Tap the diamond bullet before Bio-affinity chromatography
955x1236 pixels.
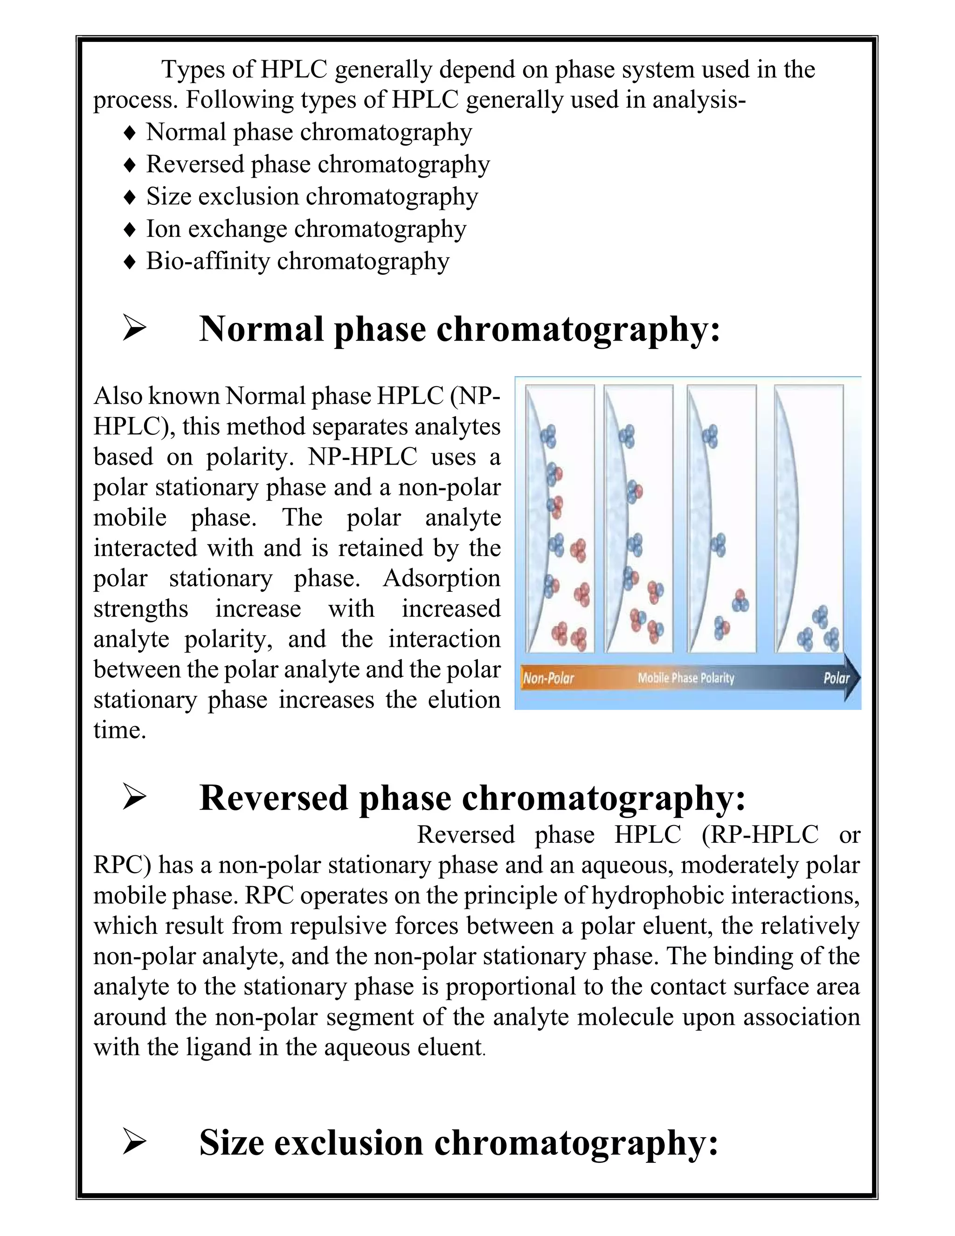[x=130, y=262]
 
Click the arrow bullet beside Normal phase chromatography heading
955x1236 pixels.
[x=134, y=329]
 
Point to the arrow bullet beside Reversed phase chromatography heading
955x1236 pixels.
[x=134, y=799]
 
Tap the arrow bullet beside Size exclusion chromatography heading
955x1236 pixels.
[x=134, y=1143]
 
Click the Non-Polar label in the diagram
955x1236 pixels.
[x=548, y=677]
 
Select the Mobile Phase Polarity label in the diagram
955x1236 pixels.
[x=685, y=677]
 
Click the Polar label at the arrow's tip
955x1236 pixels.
[x=836, y=677]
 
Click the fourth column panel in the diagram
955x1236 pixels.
[x=809, y=518]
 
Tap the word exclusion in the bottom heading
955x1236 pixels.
[x=348, y=1143]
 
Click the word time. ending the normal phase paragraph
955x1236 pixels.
[x=119, y=730]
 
